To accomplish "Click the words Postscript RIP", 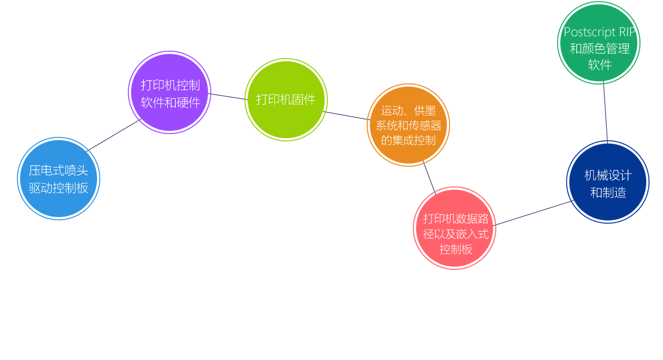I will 600,32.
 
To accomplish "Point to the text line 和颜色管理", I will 600,48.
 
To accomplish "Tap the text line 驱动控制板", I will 59,188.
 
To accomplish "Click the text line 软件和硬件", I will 170,103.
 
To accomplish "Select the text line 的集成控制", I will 408,141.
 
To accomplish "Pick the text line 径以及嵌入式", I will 456,234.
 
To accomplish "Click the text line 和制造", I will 608,193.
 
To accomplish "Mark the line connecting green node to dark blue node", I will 606,113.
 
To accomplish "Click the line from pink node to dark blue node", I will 532,213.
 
